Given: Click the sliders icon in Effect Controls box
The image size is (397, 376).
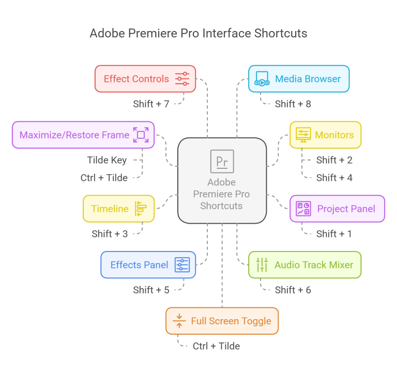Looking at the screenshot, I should tap(182, 79).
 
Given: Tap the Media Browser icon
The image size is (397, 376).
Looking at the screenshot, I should tap(262, 79).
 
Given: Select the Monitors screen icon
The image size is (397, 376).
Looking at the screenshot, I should tap(303, 135).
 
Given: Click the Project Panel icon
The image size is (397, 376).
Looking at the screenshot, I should tap(303, 209).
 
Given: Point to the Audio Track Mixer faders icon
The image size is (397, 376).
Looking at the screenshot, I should tap(262, 265).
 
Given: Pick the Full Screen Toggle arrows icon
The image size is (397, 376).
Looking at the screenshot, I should tap(179, 321).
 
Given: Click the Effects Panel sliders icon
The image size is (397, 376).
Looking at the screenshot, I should tap(182, 265).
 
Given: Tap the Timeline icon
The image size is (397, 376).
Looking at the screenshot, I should tap(141, 209).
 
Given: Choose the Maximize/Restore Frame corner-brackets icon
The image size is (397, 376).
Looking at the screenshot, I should tap(141, 135).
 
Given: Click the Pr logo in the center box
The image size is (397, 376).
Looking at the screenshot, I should tap(222, 161).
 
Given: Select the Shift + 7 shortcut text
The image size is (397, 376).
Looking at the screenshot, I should tap(151, 104).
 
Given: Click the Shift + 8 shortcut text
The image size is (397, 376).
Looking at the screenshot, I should tap(293, 104).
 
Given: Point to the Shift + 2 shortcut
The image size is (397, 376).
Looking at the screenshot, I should tap(334, 160).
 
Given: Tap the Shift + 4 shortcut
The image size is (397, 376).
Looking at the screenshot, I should tap(334, 178).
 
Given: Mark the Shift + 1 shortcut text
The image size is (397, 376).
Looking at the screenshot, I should tap(334, 234).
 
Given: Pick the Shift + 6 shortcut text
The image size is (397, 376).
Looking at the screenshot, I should tap(293, 290).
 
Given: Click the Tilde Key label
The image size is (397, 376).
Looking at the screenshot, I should tap(107, 160).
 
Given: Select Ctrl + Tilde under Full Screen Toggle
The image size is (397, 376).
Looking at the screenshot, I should tap(216, 346).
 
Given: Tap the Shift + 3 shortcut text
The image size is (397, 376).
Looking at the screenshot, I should tap(110, 234).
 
